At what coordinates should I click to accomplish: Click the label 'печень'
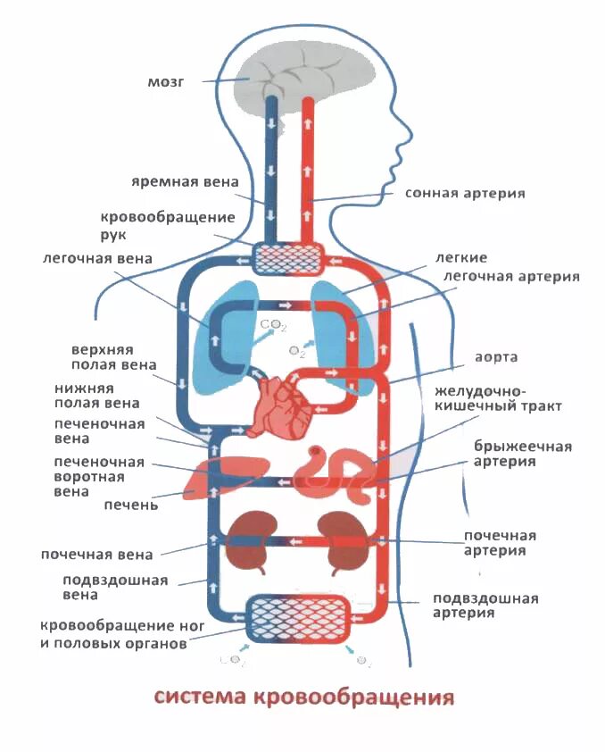130,505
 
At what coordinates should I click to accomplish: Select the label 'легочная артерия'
511,277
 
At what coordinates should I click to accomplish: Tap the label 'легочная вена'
96,259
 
